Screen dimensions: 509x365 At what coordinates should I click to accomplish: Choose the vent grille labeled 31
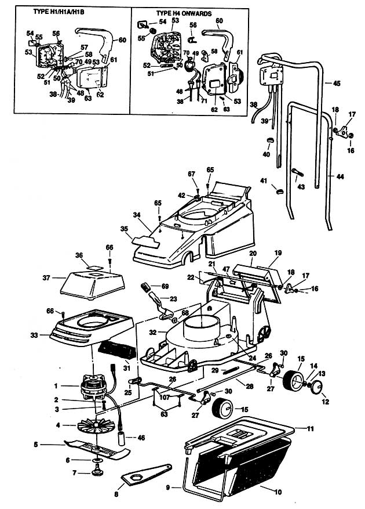[x=111, y=351]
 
